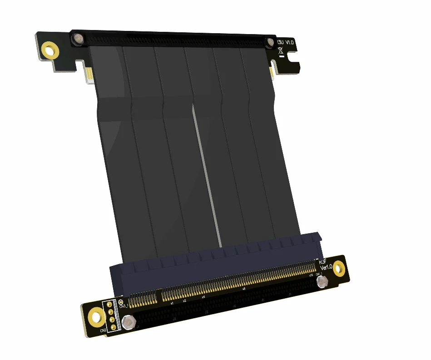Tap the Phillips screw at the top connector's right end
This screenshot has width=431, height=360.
point(271,42)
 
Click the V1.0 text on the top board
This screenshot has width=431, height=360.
point(289,42)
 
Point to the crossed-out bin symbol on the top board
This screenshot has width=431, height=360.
point(282,50)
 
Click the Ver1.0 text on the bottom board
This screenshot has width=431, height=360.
point(326,267)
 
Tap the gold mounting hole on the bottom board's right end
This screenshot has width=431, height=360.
point(339,270)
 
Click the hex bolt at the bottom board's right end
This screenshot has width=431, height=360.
point(322,283)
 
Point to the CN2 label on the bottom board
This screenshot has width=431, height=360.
point(104,330)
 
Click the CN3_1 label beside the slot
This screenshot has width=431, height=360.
point(123,307)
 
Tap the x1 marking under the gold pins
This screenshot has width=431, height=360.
point(172,303)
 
